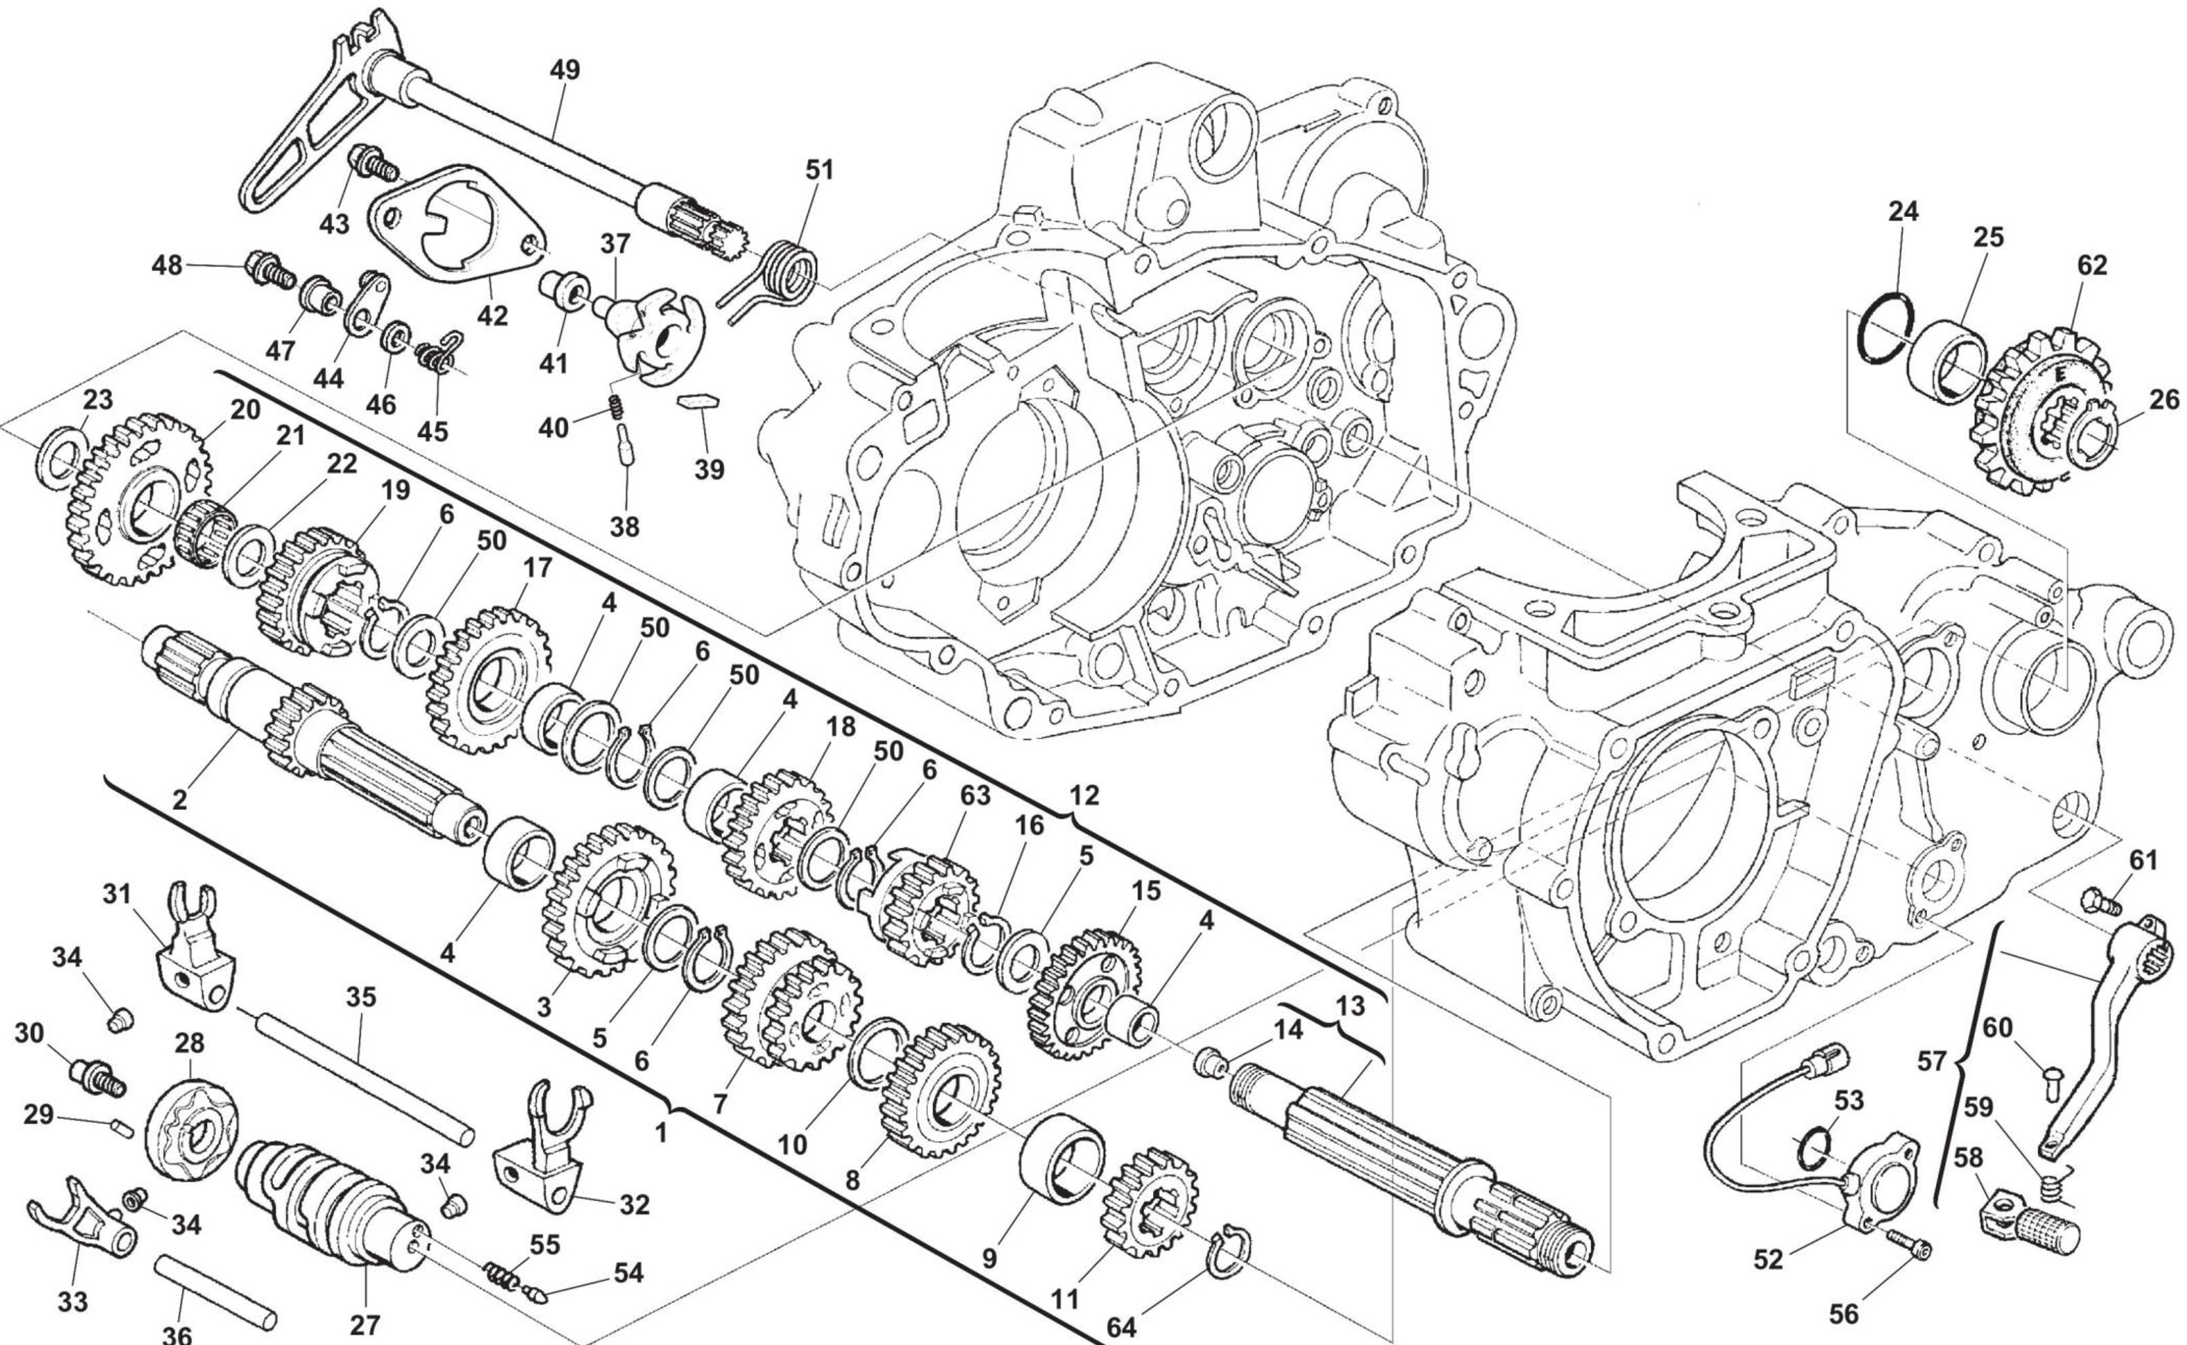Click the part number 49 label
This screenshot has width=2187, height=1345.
pos(565,70)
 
